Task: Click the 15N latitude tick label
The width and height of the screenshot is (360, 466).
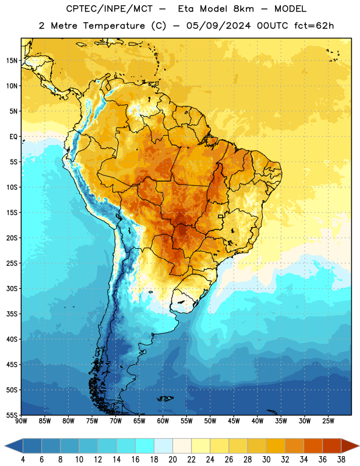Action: click(12, 61)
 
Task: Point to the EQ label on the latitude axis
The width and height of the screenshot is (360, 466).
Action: click(13, 137)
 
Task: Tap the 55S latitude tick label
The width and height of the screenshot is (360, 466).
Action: click(12, 415)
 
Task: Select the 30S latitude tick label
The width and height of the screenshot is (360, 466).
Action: click(12, 288)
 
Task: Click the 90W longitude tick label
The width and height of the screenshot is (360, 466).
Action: click(21, 421)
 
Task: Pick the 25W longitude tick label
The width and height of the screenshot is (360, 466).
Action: click(328, 421)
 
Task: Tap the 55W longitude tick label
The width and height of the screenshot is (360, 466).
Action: click(186, 421)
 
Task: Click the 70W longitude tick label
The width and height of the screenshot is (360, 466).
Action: click(116, 421)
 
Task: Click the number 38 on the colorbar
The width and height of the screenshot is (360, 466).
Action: click(341, 460)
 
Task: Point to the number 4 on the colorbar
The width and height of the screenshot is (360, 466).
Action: click(23, 460)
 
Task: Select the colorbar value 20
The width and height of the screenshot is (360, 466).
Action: click(172, 460)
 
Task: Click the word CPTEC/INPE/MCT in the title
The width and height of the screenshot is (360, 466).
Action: click(109, 9)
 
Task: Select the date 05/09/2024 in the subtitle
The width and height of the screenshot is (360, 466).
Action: click(218, 26)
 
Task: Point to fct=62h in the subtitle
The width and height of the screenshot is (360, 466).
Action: click(314, 26)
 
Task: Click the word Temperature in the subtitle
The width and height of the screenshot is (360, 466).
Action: click(114, 26)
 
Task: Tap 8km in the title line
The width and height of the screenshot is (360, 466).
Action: click(243, 9)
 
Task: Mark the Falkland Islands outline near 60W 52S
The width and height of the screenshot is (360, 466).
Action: click(165, 398)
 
